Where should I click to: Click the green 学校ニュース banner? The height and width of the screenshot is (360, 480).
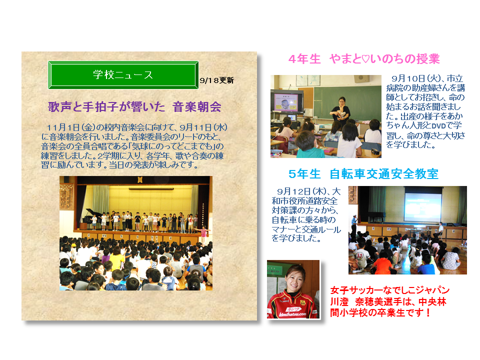[123, 75]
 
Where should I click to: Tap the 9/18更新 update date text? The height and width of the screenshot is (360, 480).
[216, 80]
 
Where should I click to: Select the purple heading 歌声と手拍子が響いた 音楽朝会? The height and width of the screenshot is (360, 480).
[134, 107]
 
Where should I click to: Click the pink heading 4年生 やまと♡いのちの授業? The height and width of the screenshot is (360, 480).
[364, 59]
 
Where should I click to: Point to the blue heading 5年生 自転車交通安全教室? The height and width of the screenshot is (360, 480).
[363, 174]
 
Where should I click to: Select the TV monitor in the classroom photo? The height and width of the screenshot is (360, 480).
[286, 101]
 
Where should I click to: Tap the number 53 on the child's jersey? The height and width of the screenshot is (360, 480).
[359, 255]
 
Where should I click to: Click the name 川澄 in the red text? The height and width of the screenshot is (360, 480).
[339, 302]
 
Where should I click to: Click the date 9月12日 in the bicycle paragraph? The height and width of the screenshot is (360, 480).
[293, 191]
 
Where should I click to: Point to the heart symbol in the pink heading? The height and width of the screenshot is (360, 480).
[365, 59]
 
